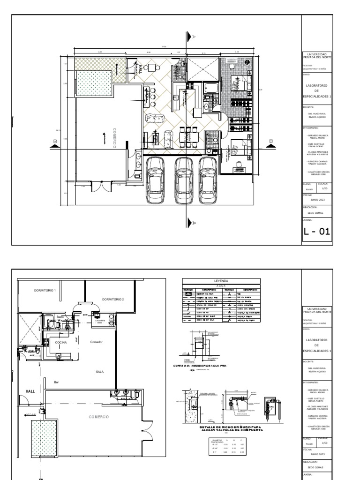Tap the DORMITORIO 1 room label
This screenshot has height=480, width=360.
pyautogui.click(x=45, y=291)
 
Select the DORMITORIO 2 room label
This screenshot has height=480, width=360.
pyautogui.click(x=113, y=299)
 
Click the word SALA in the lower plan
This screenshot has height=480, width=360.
pyautogui.click(x=99, y=371)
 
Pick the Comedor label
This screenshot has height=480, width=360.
pyautogui.click(x=96, y=342)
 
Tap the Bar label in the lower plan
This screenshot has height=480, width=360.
pyautogui.click(x=56, y=382)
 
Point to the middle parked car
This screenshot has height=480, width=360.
pyautogui.click(x=181, y=180)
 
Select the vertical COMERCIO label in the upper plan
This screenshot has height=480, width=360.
pyautogui.click(x=114, y=136)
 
